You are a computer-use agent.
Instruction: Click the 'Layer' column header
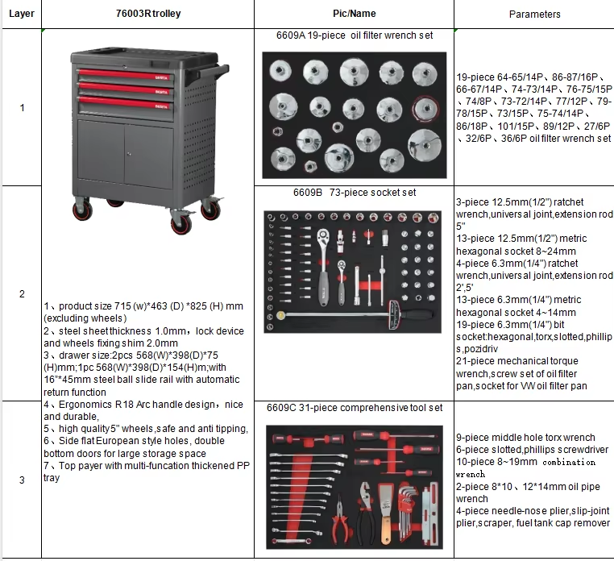pos(22,14)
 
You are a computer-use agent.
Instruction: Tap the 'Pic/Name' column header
pos(355,14)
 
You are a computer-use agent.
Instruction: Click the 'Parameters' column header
pos(534,14)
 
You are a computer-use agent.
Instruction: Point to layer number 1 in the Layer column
pos(22,108)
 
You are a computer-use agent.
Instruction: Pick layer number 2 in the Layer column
pos(22,294)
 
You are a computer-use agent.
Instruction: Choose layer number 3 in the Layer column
pos(22,480)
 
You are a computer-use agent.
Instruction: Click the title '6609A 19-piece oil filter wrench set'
pos(355,35)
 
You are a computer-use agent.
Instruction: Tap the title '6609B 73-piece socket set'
pos(355,193)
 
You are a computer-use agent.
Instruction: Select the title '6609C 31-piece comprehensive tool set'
pos(355,408)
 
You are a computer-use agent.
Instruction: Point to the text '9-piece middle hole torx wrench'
pos(525,438)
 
